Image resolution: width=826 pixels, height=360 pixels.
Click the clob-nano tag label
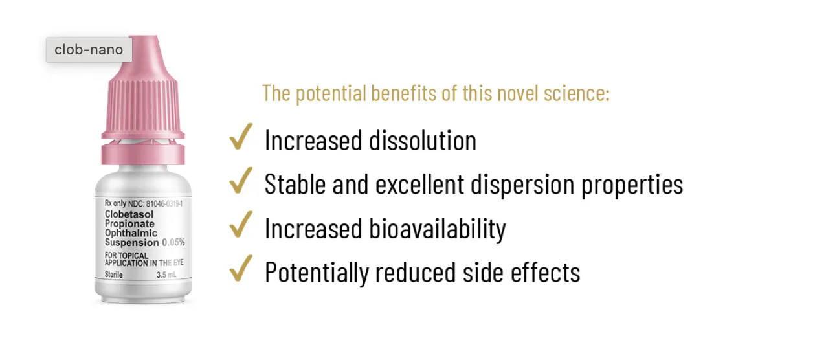point(89,49)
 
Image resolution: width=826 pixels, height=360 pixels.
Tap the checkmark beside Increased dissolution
point(241,137)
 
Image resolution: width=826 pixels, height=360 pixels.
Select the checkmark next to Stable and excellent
point(241,181)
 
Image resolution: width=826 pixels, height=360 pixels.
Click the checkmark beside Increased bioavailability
point(241,224)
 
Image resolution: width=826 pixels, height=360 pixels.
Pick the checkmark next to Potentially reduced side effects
point(241,268)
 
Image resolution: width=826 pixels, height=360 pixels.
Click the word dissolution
point(423,141)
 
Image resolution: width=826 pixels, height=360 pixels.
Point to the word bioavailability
point(438,229)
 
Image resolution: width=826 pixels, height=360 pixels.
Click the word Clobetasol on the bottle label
point(129,214)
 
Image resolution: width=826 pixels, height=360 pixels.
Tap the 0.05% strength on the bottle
point(173,242)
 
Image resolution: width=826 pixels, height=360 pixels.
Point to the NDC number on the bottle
point(164,203)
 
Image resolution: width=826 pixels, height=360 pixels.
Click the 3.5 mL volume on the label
point(166,275)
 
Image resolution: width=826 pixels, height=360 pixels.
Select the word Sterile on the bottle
point(113,275)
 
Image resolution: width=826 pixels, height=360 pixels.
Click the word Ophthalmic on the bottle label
point(131,233)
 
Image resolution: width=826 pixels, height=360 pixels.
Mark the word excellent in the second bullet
point(419,185)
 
